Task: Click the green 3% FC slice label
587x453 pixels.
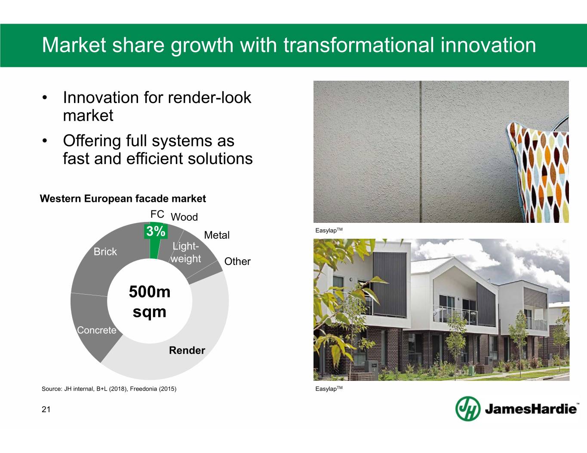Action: pos(156,231)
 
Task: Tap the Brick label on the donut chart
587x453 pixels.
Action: pos(105,252)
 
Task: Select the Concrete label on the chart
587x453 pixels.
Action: pos(96,330)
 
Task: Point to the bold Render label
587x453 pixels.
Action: pos(187,350)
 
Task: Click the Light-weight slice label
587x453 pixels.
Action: pos(186,252)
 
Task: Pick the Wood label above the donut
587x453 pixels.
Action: pos(184,217)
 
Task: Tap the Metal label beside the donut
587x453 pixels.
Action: pos(217,235)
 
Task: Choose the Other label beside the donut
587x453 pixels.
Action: pos(237,261)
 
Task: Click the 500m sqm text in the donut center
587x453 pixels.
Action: pos(150,302)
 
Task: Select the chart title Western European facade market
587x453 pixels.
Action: pos(123,198)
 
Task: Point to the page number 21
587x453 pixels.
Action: pos(46,409)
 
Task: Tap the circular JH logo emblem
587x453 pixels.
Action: pos(468,409)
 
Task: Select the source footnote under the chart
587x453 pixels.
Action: pos(109,389)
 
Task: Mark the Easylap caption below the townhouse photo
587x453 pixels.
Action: pos(329,389)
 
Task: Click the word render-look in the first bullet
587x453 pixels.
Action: pos(209,97)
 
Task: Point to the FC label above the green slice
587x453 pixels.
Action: pos(157,214)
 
